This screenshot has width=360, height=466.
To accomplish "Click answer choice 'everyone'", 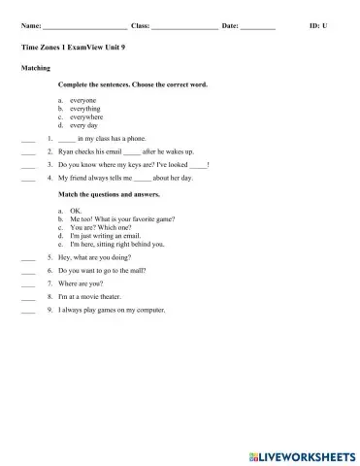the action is pyautogui.click(x=83, y=100).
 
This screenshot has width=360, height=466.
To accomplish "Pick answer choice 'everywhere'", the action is pyautogui.click(x=87, y=117).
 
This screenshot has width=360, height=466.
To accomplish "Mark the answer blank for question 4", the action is pyautogui.click(x=27, y=179).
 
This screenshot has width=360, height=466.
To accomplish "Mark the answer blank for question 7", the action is pyautogui.click(x=27, y=284).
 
